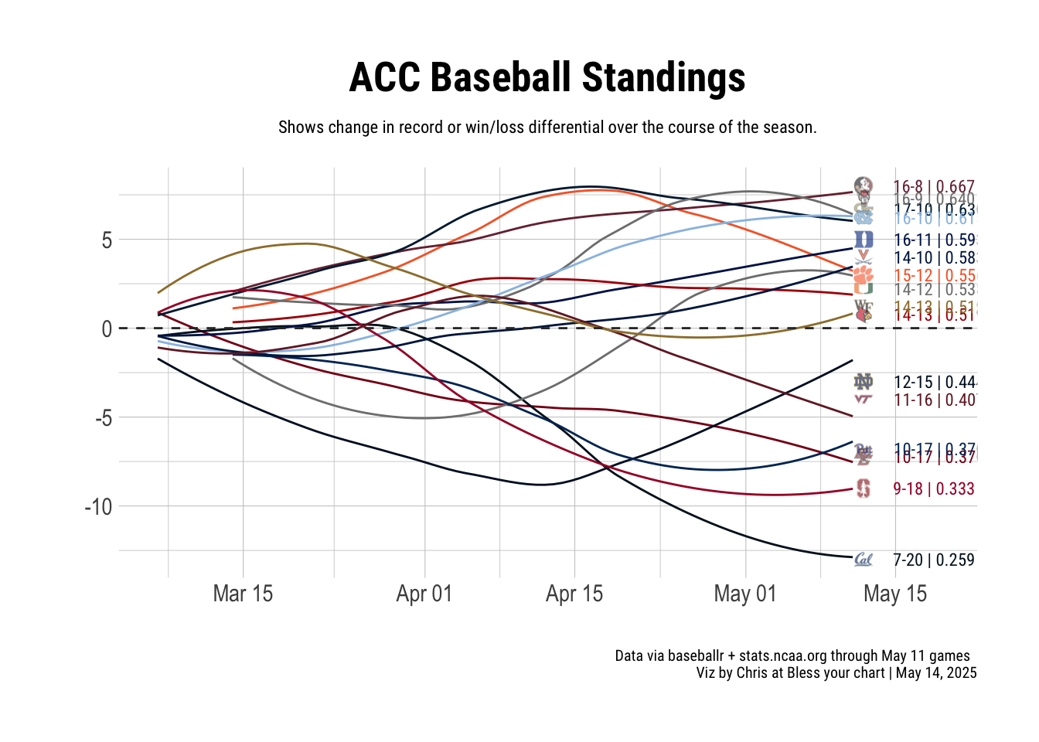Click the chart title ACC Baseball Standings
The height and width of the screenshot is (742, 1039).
pos(547,78)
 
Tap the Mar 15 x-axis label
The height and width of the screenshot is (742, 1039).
pos(243,594)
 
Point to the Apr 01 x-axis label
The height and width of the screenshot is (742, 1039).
pos(424,594)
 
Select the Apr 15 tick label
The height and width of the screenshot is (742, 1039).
pos(574,594)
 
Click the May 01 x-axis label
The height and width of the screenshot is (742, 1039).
pos(744,594)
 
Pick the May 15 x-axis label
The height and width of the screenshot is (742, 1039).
pos(894,594)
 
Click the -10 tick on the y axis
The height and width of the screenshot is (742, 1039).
pos(98,507)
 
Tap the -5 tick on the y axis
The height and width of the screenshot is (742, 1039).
pos(104,418)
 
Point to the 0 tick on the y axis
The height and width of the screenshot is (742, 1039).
pos(107,329)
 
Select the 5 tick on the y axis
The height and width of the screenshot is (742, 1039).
pos(107,240)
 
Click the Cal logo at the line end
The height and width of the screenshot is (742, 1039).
pos(864,560)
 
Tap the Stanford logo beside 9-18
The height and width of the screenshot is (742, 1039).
pos(864,488)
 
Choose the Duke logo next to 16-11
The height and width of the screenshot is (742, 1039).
pos(864,240)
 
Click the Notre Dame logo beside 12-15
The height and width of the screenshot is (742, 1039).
pos(864,382)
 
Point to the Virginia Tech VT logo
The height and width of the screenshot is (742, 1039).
pos(864,400)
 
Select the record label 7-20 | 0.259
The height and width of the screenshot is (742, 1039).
pos(933,560)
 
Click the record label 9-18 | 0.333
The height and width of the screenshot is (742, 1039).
pos(933,488)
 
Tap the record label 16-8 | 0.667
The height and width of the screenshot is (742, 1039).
pos(933,186)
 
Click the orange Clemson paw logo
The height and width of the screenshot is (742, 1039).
pos(864,274)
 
